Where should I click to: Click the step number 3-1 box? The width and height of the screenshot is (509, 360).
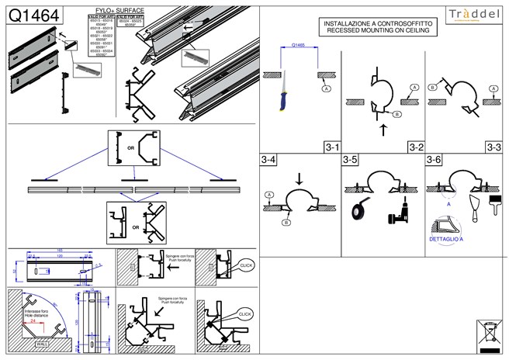tap(332, 146)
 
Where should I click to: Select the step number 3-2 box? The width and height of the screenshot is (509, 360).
tap(415, 146)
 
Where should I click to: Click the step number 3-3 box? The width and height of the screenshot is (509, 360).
tap(493, 146)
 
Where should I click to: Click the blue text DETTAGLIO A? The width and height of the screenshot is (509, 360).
tap(445, 241)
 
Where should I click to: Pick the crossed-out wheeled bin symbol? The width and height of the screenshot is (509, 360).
tap(487, 331)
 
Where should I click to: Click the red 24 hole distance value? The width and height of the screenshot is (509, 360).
tap(33, 320)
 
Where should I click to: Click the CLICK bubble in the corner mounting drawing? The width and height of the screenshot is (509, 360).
tap(245, 313)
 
